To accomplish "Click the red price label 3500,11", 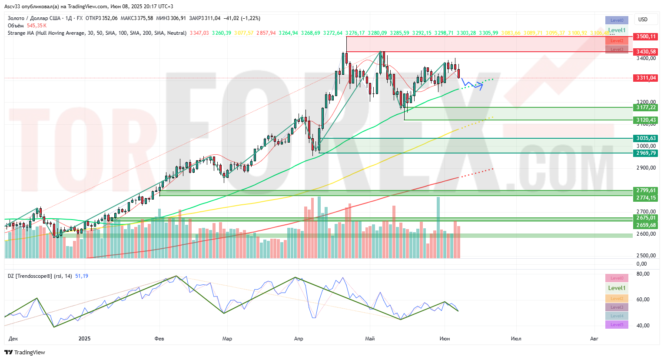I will [646, 37].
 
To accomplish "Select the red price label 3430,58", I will [646, 52].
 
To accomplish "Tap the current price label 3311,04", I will [646, 78].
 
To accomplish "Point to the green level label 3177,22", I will [646, 107].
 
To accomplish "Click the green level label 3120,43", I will [646, 120].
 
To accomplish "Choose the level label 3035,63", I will [646, 138].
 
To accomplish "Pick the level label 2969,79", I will [646, 153].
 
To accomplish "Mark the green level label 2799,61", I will [646, 190].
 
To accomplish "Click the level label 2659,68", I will [646, 225].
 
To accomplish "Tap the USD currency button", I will [643, 20].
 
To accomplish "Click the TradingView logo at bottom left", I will [25, 353].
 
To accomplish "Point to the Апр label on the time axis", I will [299, 339].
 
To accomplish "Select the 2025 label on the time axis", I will [85, 339].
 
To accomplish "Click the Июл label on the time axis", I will [516, 339].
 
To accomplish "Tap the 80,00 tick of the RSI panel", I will [643, 274].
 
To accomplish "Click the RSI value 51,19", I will [82, 276].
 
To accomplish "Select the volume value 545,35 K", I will [37, 26].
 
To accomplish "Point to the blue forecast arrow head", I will [481, 84].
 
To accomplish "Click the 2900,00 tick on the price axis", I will [646, 168].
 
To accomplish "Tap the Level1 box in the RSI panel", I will [617, 288].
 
